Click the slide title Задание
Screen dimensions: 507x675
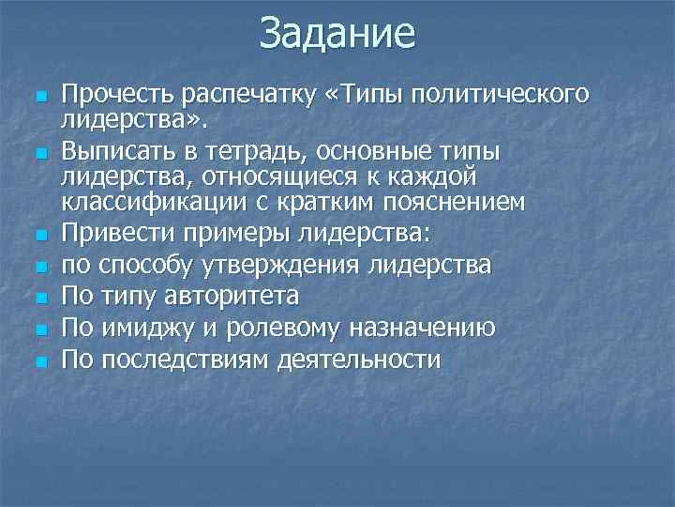[x=337, y=34]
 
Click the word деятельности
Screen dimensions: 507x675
[x=359, y=360]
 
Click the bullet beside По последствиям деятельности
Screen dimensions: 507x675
[x=38, y=361]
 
